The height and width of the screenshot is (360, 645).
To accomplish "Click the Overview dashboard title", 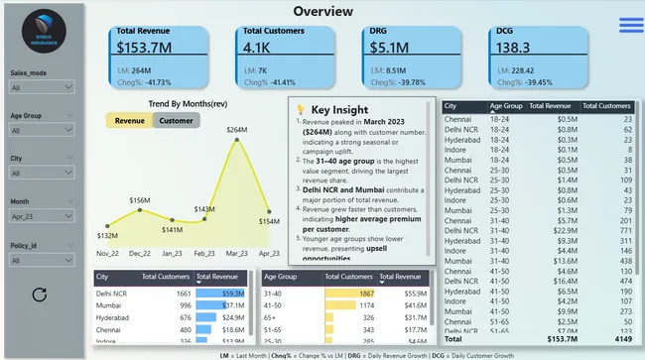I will pyautogui.click(x=322, y=11).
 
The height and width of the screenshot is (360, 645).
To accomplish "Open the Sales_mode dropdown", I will pyautogui.click(x=41, y=88).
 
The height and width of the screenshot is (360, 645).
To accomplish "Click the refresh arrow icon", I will pyautogui.click(x=40, y=295).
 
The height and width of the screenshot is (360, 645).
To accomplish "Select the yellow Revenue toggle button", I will pyautogui.click(x=129, y=120).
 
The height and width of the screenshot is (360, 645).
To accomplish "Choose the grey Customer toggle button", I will pyautogui.click(x=177, y=120).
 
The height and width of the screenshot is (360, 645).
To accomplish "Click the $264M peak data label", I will pyautogui.click(x=237, y=130).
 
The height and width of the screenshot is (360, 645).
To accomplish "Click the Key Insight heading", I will pyautogui.click(x=339, y=109).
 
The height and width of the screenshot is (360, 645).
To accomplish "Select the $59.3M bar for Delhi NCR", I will pyautogui.click(x=220, y=294).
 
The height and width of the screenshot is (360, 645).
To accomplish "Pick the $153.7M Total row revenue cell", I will pyautogui.click(x=561, y=338).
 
